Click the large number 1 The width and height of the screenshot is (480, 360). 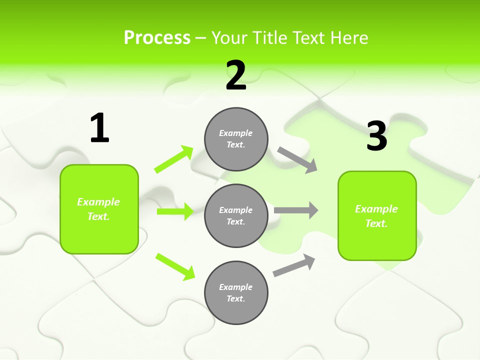99,128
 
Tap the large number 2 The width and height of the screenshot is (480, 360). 236,75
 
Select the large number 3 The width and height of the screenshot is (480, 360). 377,136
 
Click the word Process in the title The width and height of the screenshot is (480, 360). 157,37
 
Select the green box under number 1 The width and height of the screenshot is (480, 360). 99,209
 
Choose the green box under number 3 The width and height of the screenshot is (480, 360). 377,216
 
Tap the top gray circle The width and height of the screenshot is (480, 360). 236,139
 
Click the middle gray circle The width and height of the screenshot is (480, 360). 236,215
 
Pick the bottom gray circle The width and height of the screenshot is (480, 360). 236,292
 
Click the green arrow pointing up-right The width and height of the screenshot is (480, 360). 174,159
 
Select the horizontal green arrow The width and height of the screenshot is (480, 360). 175,211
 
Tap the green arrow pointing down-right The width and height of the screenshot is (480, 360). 175,266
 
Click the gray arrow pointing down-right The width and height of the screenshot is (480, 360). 297,159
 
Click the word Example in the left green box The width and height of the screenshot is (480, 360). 98,202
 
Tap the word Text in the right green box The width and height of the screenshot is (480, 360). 375,223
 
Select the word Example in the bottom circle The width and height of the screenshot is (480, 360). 235,287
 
